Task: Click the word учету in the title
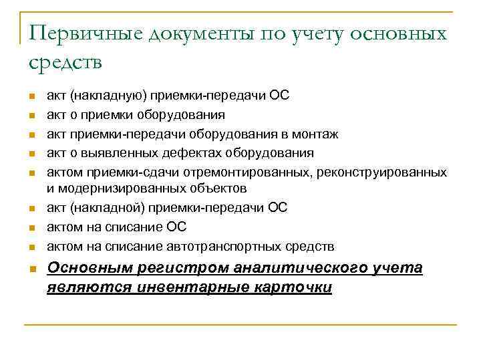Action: (x=316, y=33)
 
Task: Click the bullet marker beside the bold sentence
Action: (x=33, y=269)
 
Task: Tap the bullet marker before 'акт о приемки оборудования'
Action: (x=33, y=116)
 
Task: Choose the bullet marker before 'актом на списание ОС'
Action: (x=33, y=228)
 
